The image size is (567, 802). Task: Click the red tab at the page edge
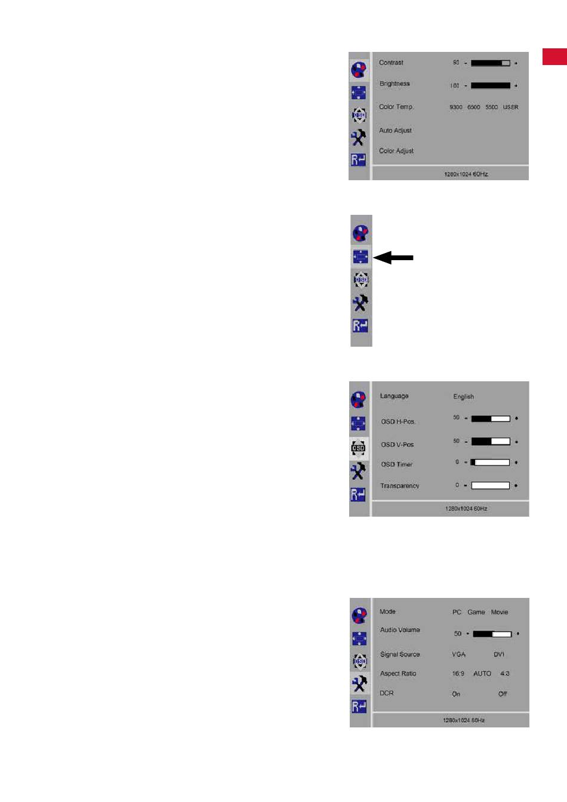[554, 56]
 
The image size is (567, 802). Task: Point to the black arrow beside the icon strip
[393, 258]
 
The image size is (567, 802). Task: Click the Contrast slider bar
[490, 63]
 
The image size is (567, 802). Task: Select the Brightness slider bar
[490, 85]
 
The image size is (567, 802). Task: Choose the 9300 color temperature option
[456, 107]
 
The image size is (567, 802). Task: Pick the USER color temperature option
[510, 107]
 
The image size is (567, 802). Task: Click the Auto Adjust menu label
[395, 131]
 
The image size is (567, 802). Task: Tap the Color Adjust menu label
[396, 151]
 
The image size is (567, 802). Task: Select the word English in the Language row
[463, 397]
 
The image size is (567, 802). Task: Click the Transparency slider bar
[491, 486]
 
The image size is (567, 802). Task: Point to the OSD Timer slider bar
[491, 462]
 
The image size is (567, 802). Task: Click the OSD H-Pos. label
[398, 422]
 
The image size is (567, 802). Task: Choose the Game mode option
[476, 612]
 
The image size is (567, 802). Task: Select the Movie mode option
[500, 612]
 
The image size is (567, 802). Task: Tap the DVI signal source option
[499, 655]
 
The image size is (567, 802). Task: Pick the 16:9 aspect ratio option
[458, 674]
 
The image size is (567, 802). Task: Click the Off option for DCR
[503, 694]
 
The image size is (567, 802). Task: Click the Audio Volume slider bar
[492, 634]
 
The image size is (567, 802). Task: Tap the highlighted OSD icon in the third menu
[358, 448]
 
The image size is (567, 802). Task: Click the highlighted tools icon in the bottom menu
[359, 684]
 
